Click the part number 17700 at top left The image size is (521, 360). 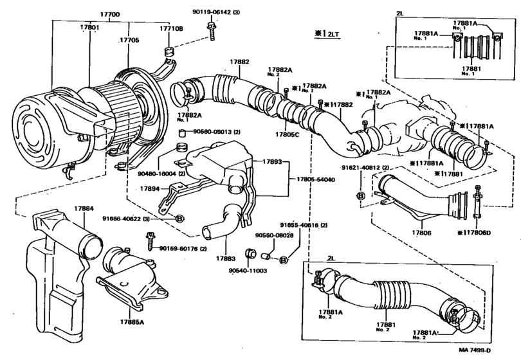coord(110,13)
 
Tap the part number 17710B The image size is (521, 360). coord(172,29)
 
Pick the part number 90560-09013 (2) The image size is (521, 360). coord(212,132)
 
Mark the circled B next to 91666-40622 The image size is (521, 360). coord(181,219)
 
